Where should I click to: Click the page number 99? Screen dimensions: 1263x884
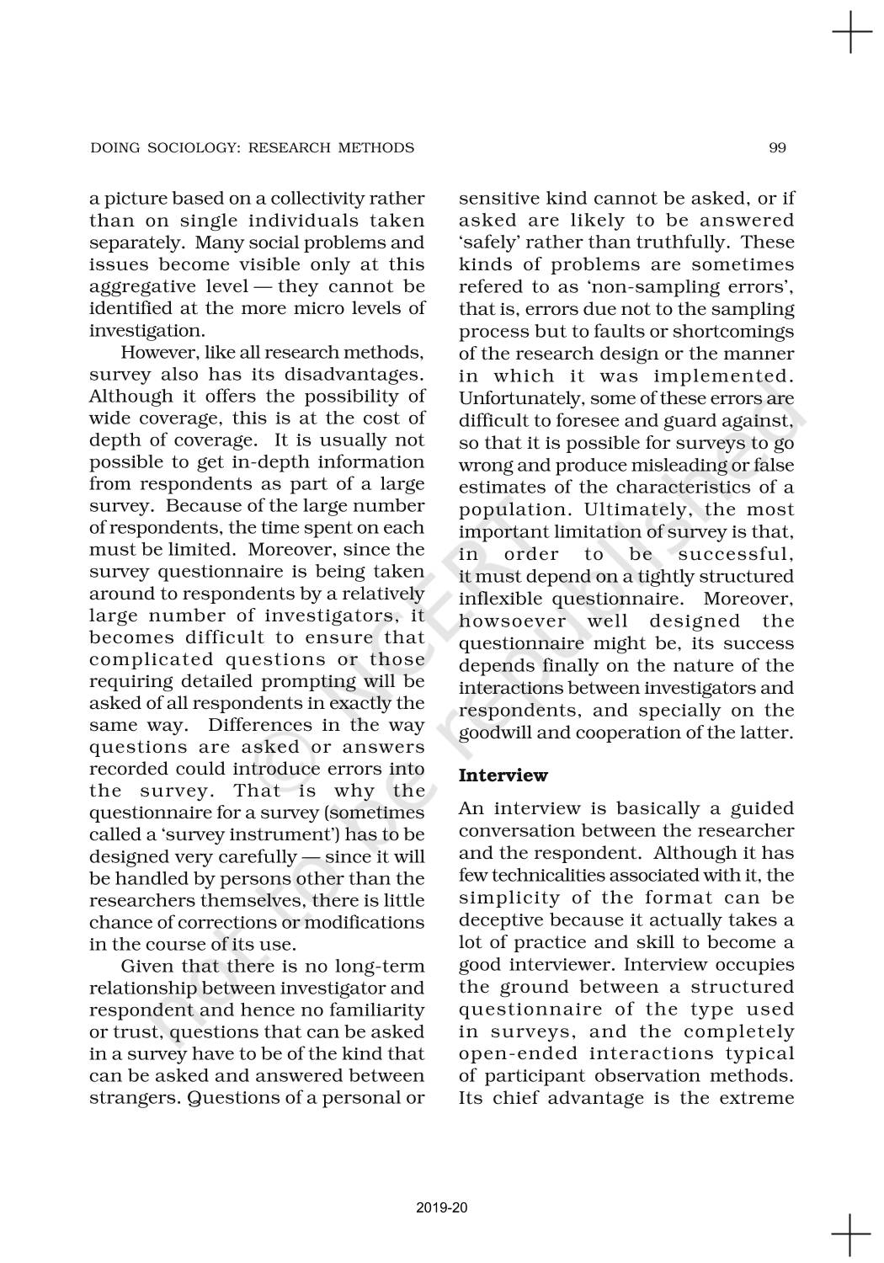coord(777,148)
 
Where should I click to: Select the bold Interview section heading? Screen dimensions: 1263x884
coord(503,775)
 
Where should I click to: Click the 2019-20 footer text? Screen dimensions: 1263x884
coord(442,1208)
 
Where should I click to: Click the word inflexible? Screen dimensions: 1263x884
coord(502,600)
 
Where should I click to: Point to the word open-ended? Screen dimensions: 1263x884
coord(518,1054)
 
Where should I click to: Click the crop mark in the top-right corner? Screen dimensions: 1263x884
coord(851,34)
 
